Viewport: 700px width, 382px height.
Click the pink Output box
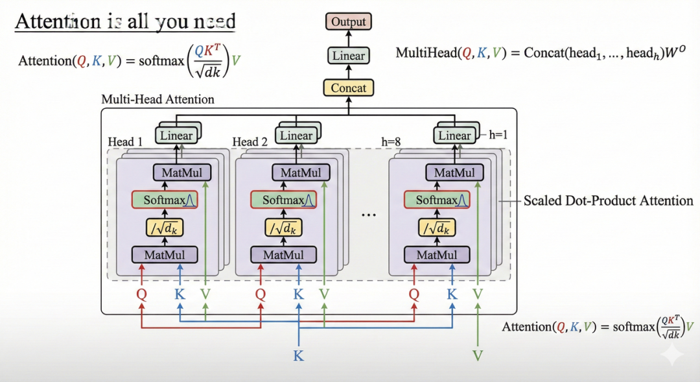[349, 22]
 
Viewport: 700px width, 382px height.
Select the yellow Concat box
[349, 88]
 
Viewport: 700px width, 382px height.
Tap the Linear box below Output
[349, 56]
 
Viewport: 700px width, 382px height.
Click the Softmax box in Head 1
[165, 200]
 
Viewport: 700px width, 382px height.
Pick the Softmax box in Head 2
[284, 200]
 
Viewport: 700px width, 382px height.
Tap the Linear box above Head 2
[296, 136]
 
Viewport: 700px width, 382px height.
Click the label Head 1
[125, 142]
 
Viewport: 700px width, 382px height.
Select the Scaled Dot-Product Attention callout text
[608, 200]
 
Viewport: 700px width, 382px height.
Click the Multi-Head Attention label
[158, 100]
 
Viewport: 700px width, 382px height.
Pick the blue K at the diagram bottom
[298, 355]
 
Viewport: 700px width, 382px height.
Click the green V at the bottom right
[478, 355]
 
